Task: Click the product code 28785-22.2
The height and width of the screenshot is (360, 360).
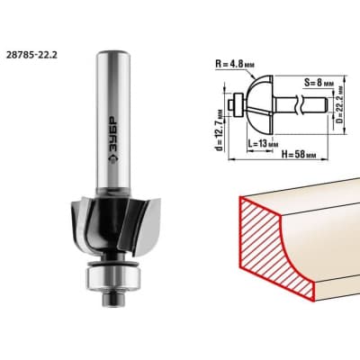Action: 31,55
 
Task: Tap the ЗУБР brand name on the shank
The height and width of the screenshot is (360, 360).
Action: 112,132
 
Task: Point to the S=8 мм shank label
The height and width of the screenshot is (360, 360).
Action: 319,83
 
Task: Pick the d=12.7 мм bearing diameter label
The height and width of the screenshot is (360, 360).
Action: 220,130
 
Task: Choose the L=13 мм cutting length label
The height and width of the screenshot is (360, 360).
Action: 261,144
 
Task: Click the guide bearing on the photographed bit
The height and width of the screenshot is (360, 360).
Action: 112,277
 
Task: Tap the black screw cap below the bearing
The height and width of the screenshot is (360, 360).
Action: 112,299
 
